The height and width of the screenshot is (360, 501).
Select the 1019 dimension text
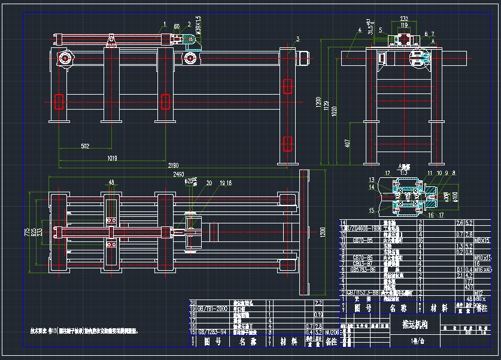click(112, 158)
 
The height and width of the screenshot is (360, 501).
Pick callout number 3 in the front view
click(297, 39)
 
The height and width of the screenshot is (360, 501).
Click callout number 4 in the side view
click(359, 29)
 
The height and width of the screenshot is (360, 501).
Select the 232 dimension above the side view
click(405, 19)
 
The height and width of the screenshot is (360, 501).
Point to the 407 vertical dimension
click(348, 144)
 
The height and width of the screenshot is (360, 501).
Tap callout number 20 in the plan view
click(209, 183)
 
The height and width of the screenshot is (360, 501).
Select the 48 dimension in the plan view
click(111, 183)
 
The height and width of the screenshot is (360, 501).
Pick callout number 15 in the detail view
click(372, 210)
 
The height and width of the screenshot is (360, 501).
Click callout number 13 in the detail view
click(372, 180)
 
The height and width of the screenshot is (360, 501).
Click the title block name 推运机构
click(410, 325)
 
